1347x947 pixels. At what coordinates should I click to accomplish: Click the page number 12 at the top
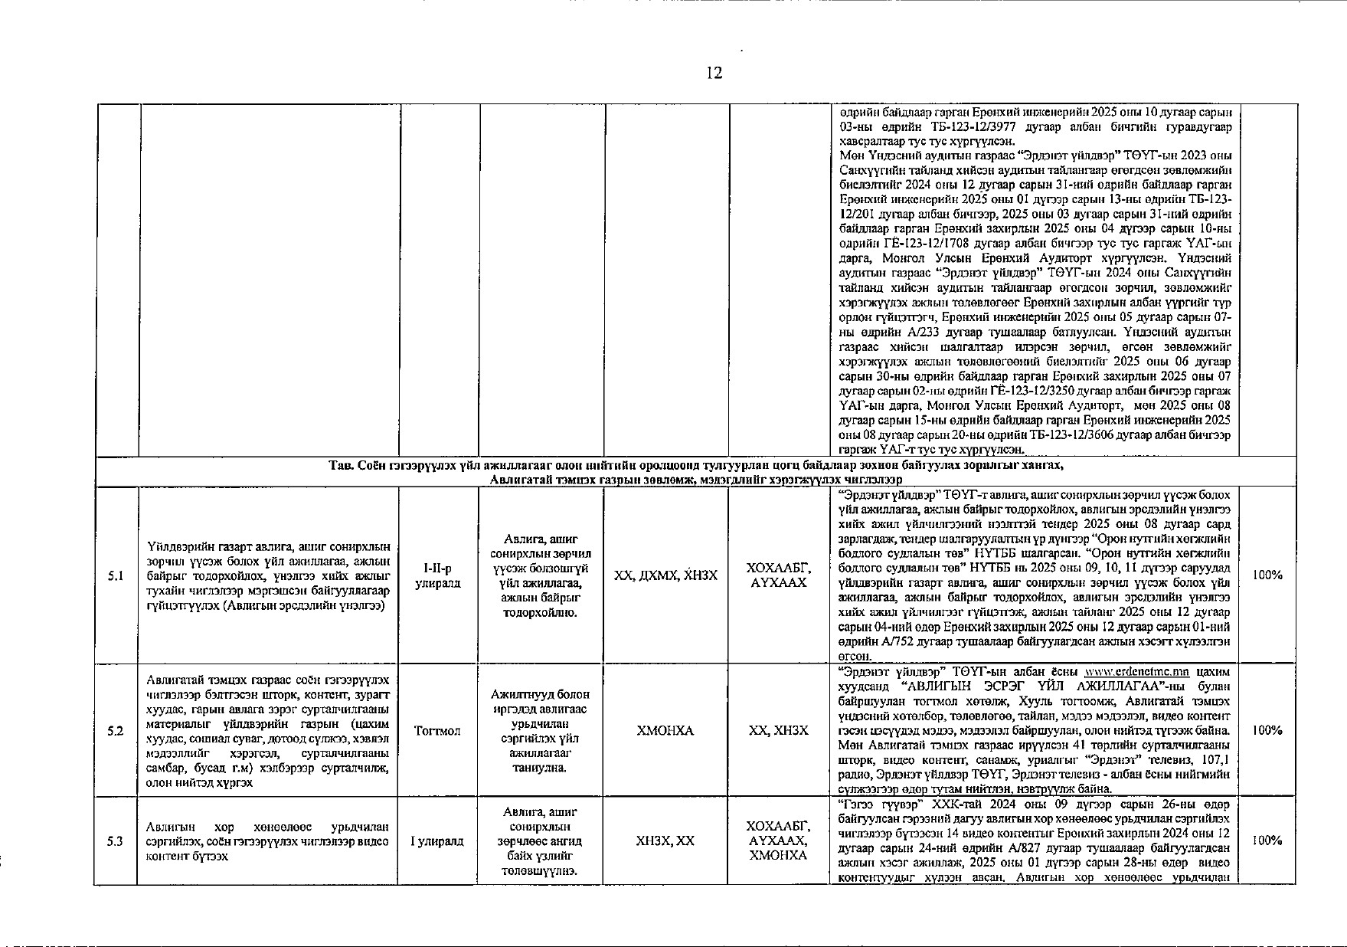click(714, 74)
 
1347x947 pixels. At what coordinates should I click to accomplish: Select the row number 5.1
click(116, 576)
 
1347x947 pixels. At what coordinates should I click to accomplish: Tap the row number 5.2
click(116, 731)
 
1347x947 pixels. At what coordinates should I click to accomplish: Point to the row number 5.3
click(116, 841)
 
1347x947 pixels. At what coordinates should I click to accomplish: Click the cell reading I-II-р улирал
click(437, 575)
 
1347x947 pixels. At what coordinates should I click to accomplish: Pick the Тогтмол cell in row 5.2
click(437, 731)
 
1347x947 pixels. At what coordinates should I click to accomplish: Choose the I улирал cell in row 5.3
click(437, 841)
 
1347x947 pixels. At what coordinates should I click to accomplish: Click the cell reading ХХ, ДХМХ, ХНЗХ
click(665, 575)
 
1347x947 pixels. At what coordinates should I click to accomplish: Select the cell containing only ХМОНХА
click(665, 731)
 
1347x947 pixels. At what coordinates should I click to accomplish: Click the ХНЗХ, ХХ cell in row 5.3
click(665, 841)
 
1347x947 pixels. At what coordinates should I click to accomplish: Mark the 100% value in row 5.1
click(1267, 575)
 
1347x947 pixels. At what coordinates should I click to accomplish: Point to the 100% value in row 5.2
click(1267, 731)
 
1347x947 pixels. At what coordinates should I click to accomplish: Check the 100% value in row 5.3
click(1267, 841)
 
